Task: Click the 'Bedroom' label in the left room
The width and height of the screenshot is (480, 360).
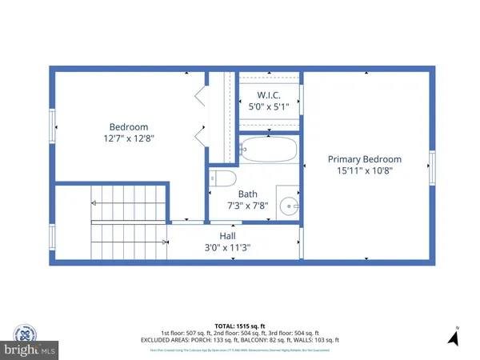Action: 129,126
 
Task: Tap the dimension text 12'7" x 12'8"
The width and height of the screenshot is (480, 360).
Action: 129,138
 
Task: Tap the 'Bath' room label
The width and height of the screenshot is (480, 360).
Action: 247,194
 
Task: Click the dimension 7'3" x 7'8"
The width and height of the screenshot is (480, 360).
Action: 247,206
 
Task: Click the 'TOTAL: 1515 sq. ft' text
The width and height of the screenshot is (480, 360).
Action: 239,326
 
